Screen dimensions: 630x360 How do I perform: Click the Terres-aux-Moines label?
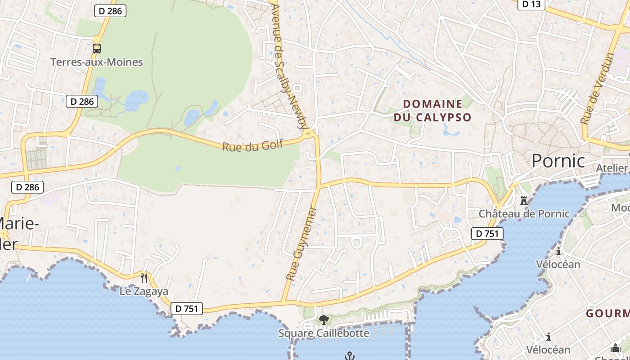[x=96, y=62]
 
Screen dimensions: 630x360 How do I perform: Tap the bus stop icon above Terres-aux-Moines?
[x=96, y=48]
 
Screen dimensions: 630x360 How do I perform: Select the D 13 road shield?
[x=531, y=4]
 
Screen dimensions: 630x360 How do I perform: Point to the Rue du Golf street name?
[x=252, y=145]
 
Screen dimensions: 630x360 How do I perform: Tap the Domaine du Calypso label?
[x=432, y=111]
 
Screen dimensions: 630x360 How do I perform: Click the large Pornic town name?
[x=558, y=161]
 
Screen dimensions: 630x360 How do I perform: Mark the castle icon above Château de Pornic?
[x=523, y=200]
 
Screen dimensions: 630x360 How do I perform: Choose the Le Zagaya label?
[x=144, y=291]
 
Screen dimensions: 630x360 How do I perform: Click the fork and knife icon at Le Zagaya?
[x=144, y=278]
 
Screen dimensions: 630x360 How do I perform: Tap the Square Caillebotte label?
[x=324, y=333]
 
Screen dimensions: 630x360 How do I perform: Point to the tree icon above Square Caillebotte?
[x=323, y=320]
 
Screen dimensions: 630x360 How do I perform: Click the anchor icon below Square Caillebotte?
[x=350, y=356]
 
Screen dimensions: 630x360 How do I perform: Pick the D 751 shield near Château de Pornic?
[x=487, y=234]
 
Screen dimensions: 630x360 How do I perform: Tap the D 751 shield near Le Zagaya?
[x=186, y=309]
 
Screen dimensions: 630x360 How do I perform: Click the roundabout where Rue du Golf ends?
[x=309, y=133]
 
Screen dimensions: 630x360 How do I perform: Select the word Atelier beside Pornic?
[x=612, y=168]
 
